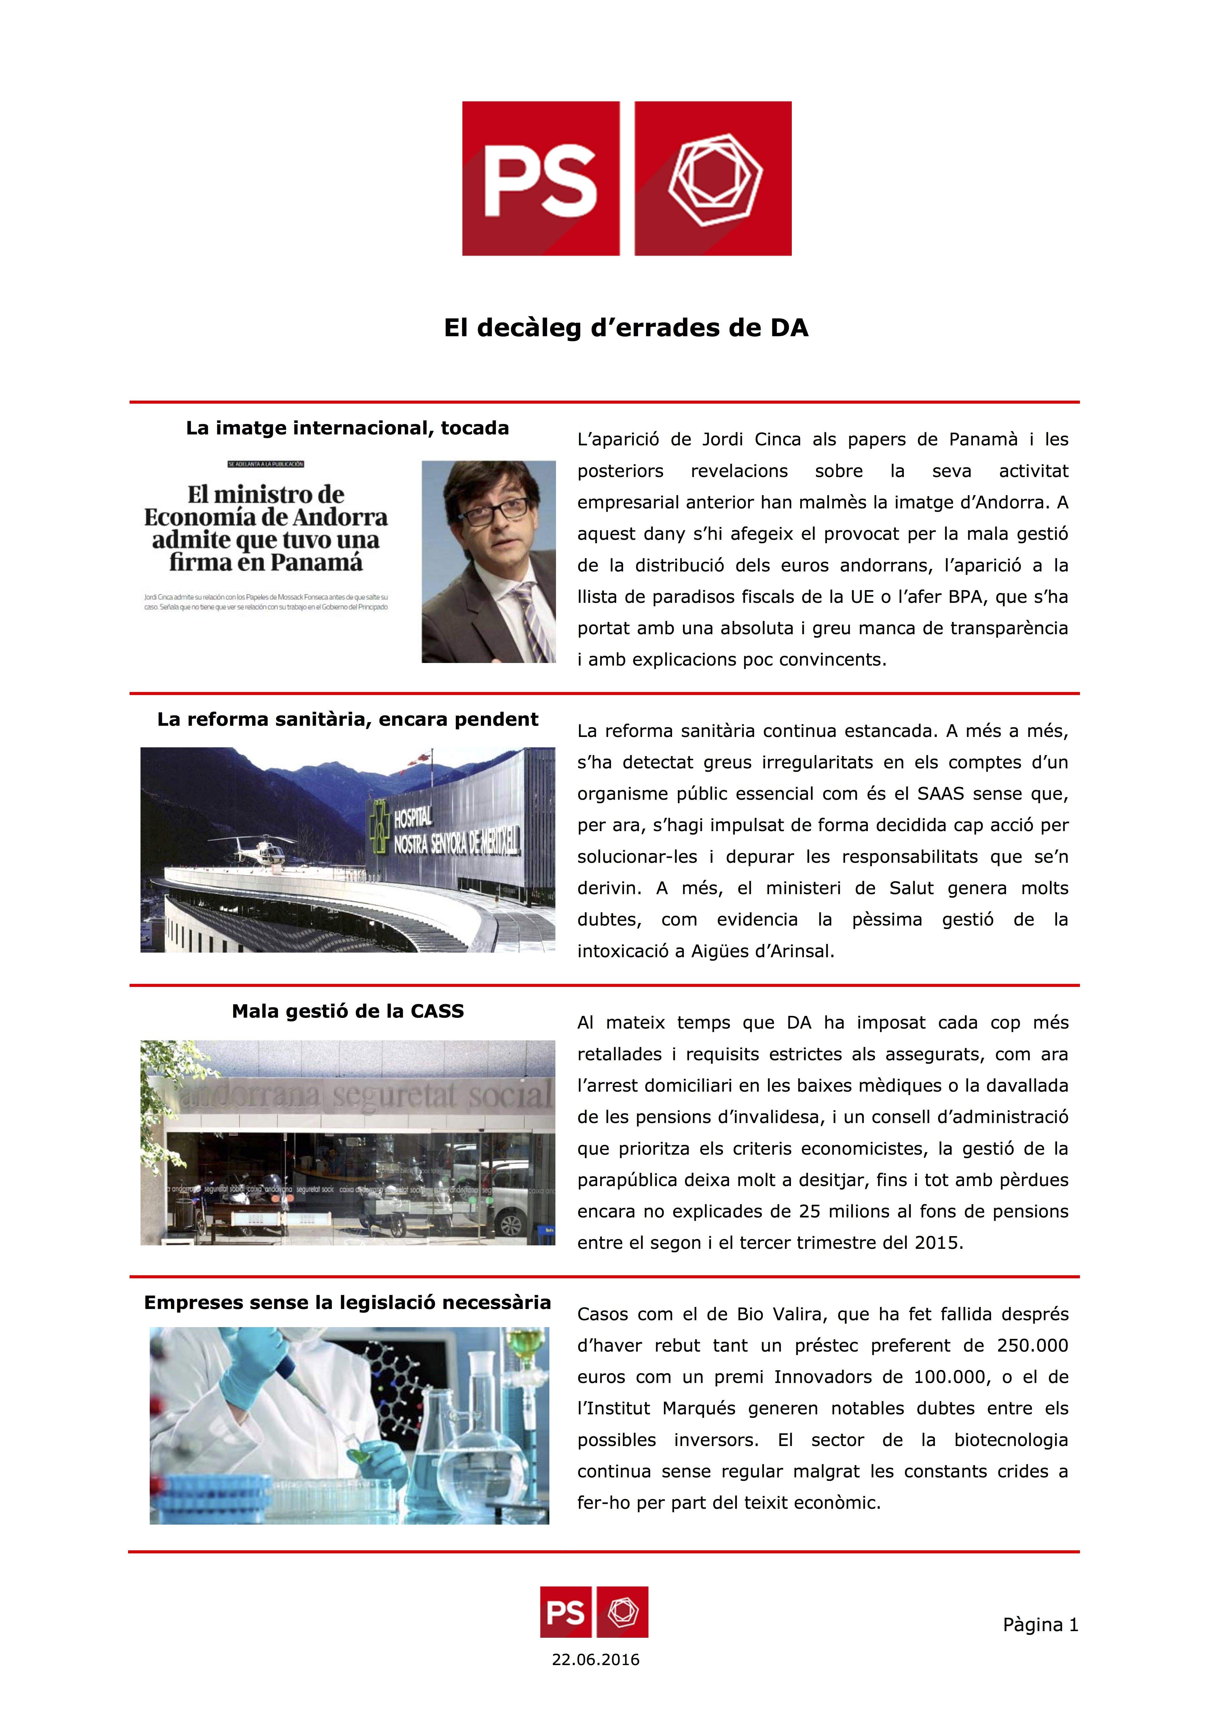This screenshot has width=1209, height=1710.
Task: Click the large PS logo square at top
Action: [541, 179]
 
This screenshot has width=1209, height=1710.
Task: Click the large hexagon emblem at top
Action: [713, 179]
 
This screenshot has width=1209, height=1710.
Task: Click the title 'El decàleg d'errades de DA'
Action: [626, 328]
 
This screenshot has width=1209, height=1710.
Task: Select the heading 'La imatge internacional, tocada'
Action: [347, 428]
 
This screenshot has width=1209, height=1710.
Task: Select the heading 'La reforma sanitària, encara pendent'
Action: [347, 719]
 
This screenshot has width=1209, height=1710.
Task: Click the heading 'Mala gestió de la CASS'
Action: [347, 1011]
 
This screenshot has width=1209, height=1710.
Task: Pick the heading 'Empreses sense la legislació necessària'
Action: [347, 1303]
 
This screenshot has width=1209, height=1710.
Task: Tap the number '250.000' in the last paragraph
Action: [1032, 1346]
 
